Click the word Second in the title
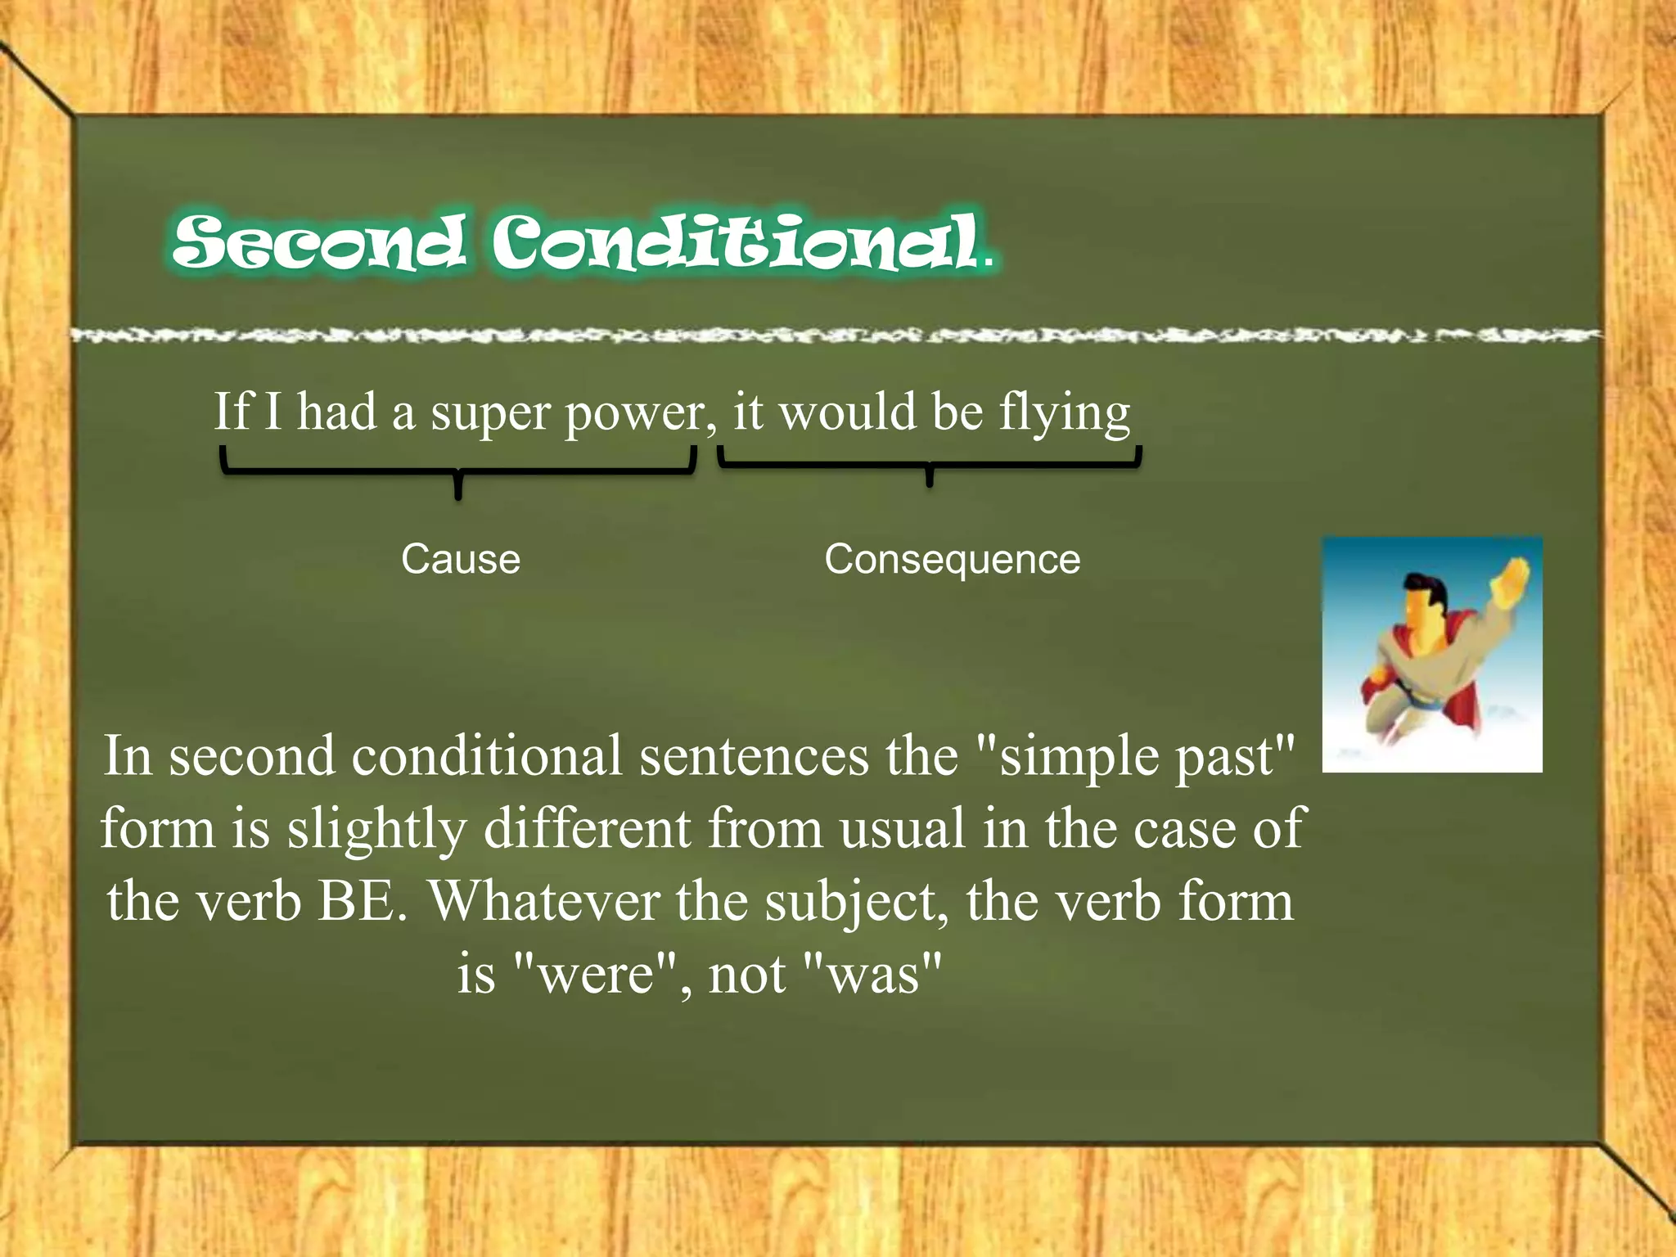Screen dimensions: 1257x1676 pos(319,242)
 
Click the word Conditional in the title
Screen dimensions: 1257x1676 pos(737,242)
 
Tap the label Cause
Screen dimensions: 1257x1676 pos(461,560)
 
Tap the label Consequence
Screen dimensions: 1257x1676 pos(952,560)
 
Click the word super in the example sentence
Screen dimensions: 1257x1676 pos(489,414)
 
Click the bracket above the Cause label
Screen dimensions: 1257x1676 pos(457,471)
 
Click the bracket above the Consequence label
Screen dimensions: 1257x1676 pos(929,464)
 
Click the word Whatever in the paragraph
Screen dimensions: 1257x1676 pos(544,902)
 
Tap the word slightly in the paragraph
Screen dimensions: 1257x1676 pos(376,830)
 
